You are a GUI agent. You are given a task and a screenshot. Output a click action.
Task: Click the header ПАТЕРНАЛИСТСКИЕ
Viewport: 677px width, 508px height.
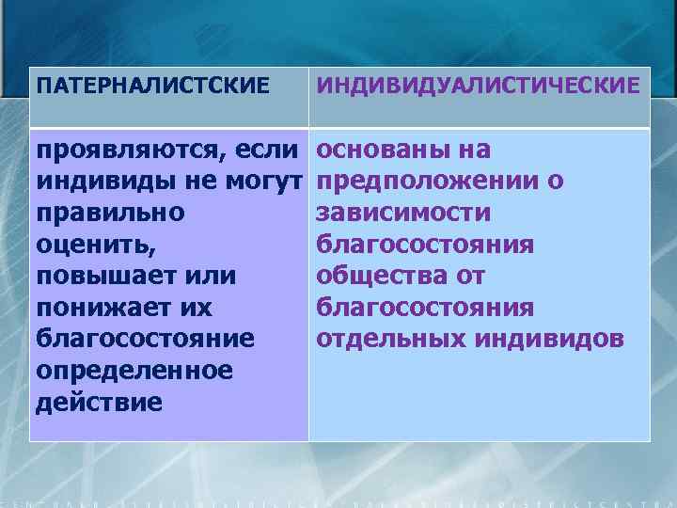[153, 87]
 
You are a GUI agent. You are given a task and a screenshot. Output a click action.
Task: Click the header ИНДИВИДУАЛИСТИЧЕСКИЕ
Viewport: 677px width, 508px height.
[479, 86]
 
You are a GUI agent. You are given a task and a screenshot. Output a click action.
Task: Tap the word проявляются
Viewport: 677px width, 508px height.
[129, 150]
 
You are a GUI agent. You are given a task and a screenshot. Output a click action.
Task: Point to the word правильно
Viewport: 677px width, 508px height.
[110, 214]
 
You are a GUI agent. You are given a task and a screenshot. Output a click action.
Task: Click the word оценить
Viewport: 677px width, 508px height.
[92, 245]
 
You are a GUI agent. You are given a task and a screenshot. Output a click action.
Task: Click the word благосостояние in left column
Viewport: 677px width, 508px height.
[135, 340]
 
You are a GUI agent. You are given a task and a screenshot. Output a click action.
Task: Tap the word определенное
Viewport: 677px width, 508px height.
[134, 371]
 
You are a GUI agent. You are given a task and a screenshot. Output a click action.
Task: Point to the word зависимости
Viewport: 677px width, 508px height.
[403, 213]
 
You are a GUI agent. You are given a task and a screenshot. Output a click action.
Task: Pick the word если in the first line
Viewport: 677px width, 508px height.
[271, 150]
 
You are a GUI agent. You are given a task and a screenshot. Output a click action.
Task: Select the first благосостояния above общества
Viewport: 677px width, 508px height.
[425, 245]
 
